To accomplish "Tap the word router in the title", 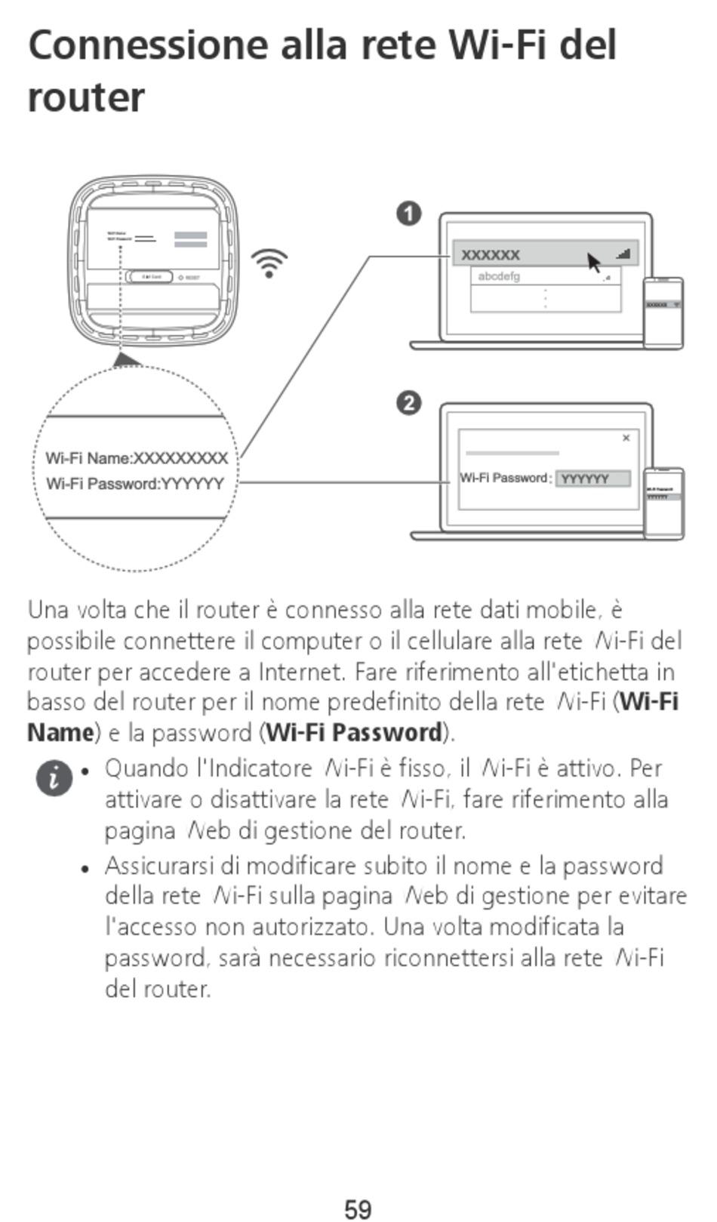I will coord(85,98).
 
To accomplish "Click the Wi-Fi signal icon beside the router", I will coord(269,263).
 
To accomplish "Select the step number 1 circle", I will coord(408,214).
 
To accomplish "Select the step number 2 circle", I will coord(408,404).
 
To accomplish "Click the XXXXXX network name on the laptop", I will coord(491,255).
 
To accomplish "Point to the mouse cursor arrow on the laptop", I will coord(594,263).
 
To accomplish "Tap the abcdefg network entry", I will coord(499,277).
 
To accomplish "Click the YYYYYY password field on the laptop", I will coord(592,479).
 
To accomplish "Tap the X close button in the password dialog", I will coord(626,438).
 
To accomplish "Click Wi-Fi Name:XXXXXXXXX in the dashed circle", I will coord(137,458).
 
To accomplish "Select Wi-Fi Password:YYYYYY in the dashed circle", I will coord(135,484).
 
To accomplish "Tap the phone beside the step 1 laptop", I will coord(663,312).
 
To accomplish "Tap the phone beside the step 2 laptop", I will coord(663,503).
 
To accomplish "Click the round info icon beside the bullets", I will coord(54,777).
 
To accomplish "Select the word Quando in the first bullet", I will coord(146,769).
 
